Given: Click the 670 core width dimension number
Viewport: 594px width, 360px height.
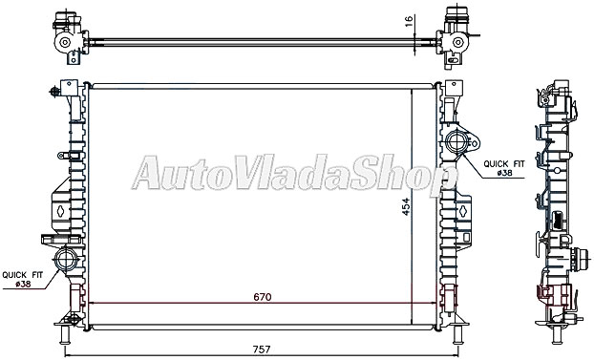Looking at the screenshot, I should (263, 297).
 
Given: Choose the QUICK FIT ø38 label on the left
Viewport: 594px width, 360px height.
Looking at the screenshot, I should (24, 277).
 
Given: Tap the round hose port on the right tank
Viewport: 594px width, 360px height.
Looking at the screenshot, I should (456, 145).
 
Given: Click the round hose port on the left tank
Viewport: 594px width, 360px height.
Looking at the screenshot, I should (66, 258).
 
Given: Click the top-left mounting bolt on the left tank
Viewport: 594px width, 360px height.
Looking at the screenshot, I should (50, 94).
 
